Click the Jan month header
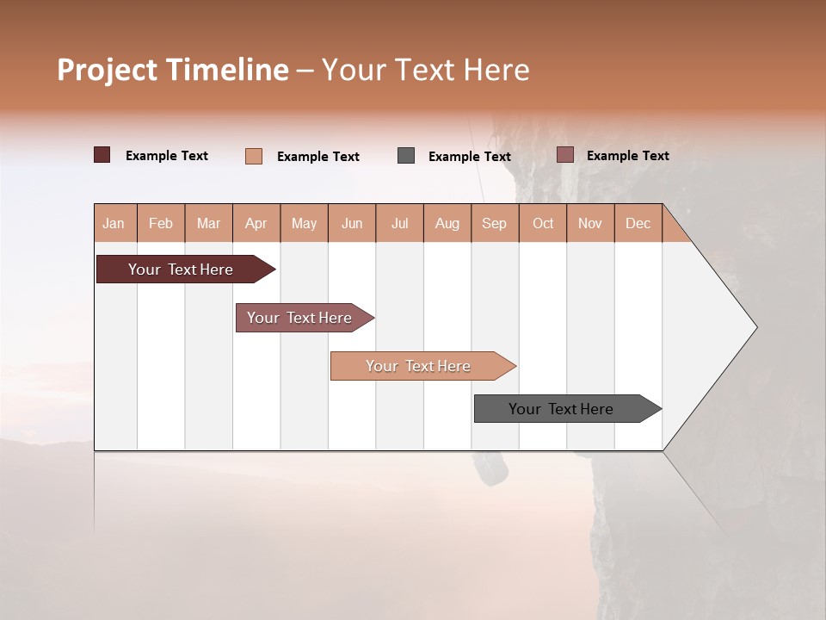114,223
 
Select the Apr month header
256,223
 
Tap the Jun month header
352,223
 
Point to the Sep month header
495,223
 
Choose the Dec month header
638,223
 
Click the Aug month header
447,223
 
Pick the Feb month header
161,223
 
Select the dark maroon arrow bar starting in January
181,270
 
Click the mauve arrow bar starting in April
299,318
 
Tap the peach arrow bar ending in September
418,366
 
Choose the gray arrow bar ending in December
561,409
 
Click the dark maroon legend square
102,155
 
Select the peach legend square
254,156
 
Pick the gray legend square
406,156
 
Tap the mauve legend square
565,155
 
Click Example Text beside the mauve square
627,156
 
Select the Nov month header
590,223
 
